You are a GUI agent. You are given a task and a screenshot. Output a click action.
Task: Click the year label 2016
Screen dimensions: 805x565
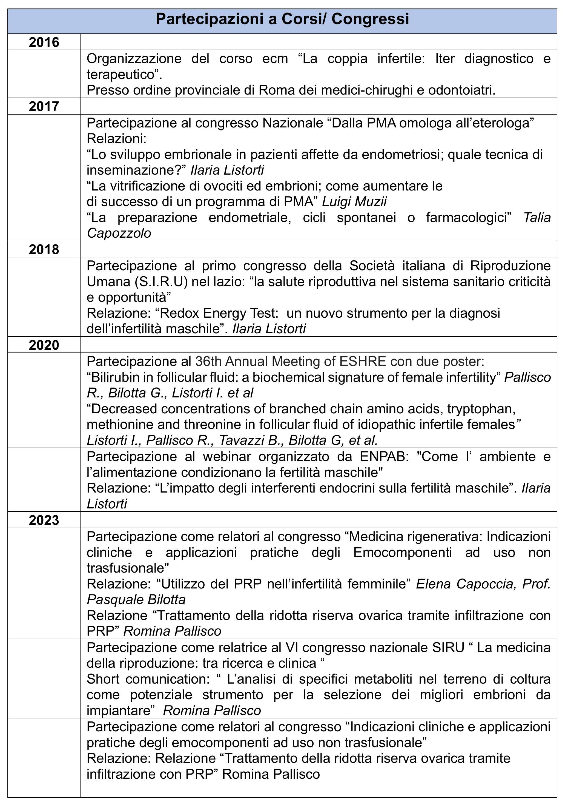click(x=44, y=42)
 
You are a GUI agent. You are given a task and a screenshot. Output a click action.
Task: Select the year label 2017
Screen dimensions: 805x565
click(x=44, y=106)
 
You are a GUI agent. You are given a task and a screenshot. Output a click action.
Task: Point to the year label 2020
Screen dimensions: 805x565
click(x=44, y=345)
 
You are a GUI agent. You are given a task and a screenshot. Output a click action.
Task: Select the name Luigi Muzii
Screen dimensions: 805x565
click(x=354, y=202)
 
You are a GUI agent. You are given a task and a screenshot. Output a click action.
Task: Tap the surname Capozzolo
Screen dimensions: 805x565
click(x=119, y=233)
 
